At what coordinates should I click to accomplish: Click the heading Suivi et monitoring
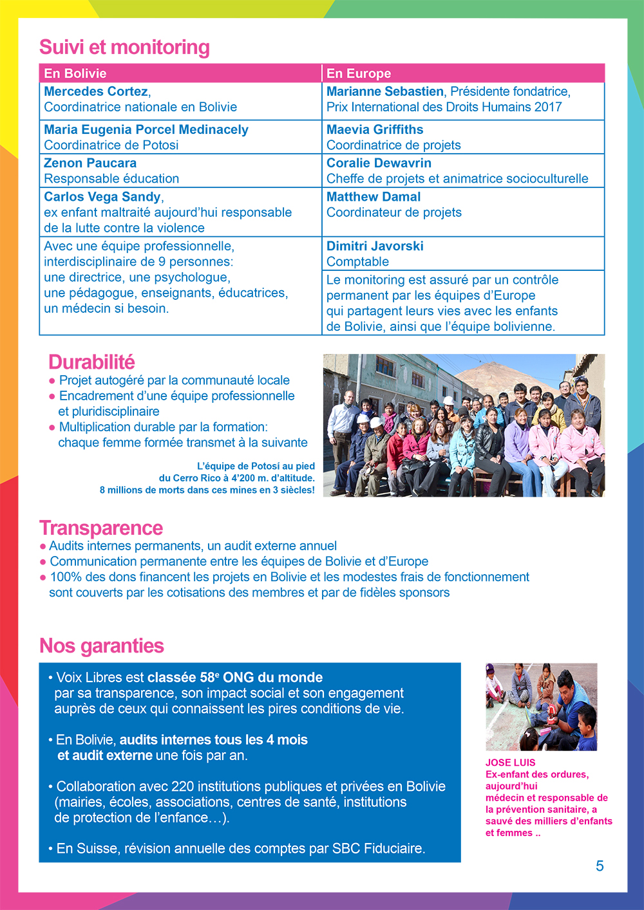pyautogui.click(x=124, y=47)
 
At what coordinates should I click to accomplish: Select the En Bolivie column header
pyautogui.click(x=75, y=73)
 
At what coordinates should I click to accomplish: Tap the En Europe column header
pyautogui.click(x=359, y=73)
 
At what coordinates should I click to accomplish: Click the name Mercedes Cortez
pyautogui.click(x=96, y=91)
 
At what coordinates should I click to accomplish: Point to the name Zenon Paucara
pyautogui.click(x=90, y=163)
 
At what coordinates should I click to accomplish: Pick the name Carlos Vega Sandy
pyautogui.click(x=102, y=197)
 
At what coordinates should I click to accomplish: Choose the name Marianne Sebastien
pyautogui.click(x=385, y=91)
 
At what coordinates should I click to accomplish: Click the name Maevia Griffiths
pyautogui.click(x=375, y=129)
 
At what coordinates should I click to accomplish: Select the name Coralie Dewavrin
pyautogui.click(x=379, y=163)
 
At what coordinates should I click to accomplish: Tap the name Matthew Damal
pyautogui.click(x=374, y=197)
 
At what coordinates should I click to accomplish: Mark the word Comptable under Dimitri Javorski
pyautogui.click(x=357, y=261)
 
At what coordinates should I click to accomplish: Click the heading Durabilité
pyautogui.click(x=91, y=362)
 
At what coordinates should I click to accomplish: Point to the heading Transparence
pyautogui.click(x=101, y=528)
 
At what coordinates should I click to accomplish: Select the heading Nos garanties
pyautogui.click(x=102, y=645)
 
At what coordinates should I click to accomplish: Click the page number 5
pyautogui.click(x=600, y=866)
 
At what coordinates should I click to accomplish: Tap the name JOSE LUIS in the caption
pyautogui.click(x=510, y=763)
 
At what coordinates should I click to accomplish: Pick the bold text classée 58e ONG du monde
pyautogui.click(x=235, y=678)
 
